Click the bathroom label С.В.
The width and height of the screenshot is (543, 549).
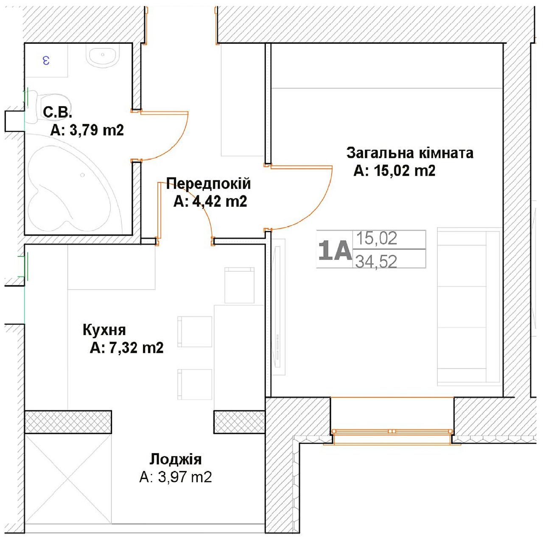tap(57, 112)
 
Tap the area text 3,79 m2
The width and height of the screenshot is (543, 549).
tap(97, 130)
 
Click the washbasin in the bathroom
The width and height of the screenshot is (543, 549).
tap(103, 57)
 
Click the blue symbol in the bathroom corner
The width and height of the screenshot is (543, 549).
tap(46, 60)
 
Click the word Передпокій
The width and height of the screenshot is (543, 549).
tap(208, 183)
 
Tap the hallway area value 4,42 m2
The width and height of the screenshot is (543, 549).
tap(220, 201)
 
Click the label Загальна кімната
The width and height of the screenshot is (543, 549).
tap(410, 153)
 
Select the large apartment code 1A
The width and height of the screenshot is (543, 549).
tap(335, 251)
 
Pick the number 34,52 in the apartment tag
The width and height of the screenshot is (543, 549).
tap(376, 262)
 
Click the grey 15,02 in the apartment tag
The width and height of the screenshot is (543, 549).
tap(376, 238)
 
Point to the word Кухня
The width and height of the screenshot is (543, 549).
tap(104, 329)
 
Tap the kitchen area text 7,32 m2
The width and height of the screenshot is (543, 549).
tap(137, 348)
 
